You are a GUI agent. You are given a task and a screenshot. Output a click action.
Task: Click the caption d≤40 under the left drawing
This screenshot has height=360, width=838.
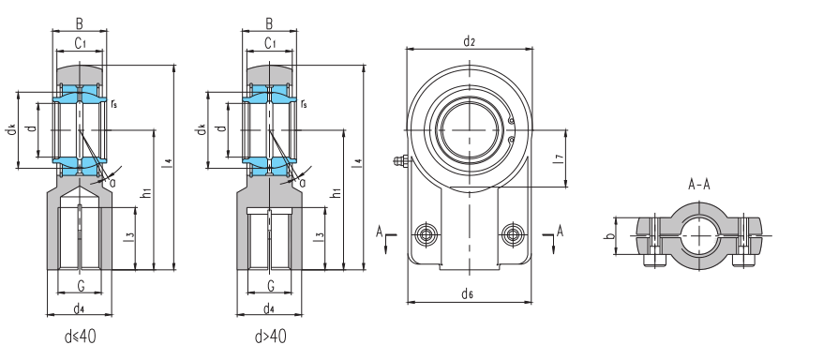[x=81, y=337]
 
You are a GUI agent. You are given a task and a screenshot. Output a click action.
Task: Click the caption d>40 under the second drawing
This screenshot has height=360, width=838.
[x=270, y=337]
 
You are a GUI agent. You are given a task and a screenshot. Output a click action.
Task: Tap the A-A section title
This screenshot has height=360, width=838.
[x=699, y=186]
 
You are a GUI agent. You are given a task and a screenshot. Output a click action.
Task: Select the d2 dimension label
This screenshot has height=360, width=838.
[x=470, y=41]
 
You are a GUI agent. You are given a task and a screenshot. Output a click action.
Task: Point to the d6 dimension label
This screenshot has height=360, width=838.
[x=468, y=293]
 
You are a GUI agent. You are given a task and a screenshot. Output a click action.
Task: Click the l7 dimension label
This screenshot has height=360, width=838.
[x=558, y=158]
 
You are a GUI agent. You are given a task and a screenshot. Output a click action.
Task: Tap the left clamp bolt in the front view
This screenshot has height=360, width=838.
[x=426, y=234]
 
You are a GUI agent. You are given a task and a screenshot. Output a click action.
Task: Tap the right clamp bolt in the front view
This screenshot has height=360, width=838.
[x=513, y=234]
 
